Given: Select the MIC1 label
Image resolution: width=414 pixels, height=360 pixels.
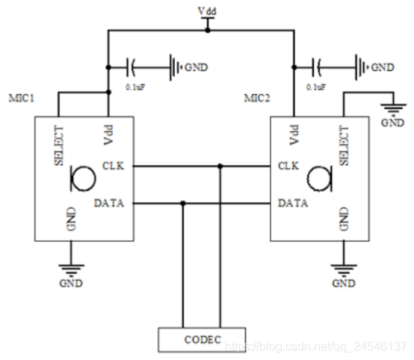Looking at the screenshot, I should point(22,99).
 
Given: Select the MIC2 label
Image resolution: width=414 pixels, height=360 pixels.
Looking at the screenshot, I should point(259,99).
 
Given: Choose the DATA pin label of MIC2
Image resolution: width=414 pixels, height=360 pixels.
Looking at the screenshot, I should point(291,202).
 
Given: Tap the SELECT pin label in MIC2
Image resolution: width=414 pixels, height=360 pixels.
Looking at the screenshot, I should point(345,146).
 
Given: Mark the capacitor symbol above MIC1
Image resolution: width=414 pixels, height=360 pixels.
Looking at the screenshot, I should point(132,67).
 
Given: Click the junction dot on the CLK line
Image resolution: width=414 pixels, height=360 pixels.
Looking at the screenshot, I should point(220,166).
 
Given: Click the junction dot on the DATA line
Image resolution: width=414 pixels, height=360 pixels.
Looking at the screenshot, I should point(182,202).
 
